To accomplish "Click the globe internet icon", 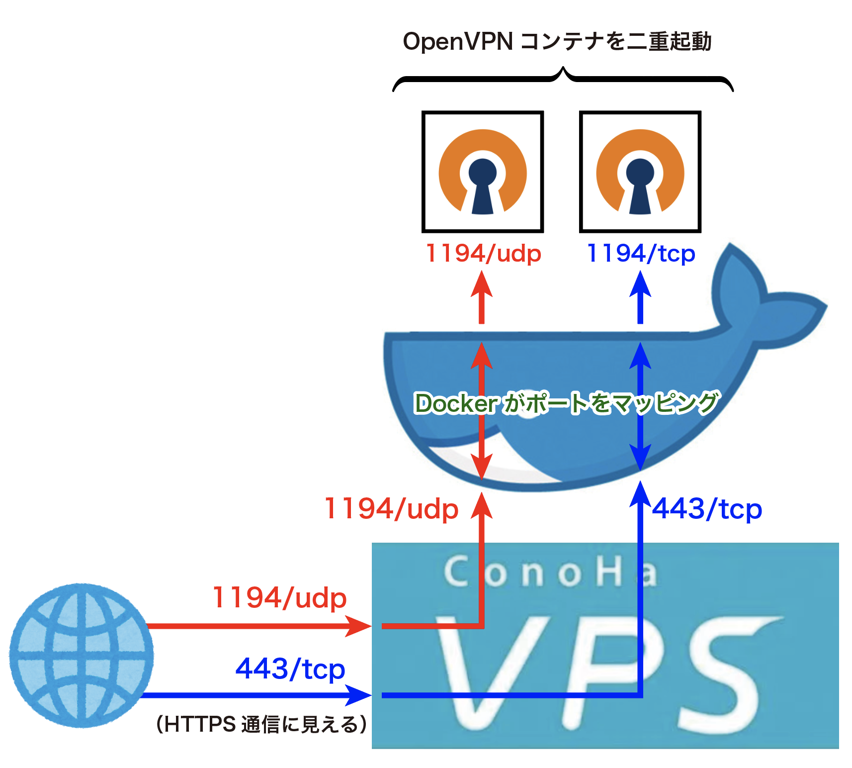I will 82,655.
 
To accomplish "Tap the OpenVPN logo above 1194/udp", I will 482,172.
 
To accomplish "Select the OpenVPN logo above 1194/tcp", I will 640,172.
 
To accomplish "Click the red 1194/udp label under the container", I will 483,254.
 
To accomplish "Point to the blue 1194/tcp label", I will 641,254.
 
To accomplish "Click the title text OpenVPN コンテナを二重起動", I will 557,41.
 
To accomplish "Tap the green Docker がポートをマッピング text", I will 566,403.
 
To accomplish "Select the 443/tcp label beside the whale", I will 706,509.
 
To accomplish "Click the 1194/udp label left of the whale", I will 391,509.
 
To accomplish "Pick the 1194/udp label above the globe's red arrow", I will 279,597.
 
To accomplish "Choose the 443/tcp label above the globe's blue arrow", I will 290,669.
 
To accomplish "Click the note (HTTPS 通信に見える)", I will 261,724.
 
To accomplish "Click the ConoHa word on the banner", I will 549,572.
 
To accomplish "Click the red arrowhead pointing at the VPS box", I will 359,626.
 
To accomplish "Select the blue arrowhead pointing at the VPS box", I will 359,695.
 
